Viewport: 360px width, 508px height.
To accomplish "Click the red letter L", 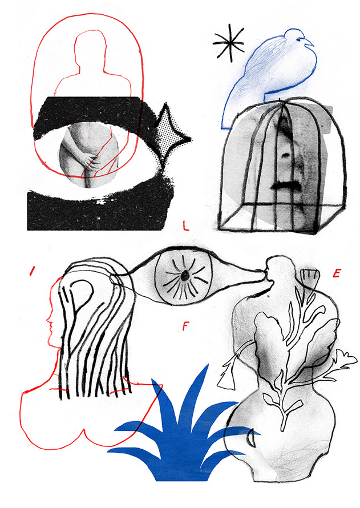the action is pos(185,225).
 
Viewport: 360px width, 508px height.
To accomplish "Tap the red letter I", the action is pos(32,271).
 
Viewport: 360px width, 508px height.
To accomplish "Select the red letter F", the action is pos(185,326).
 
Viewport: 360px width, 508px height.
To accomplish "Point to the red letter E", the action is pos(337,273).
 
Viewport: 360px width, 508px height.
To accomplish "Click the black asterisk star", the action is pos(229,43).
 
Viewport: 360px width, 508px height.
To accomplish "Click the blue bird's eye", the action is pos(301,39).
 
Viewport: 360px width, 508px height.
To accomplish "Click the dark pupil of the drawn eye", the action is pos(184,276).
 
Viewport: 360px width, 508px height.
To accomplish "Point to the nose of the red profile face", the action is pos(48,321).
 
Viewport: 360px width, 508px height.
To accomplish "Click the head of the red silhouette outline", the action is pos(90,49).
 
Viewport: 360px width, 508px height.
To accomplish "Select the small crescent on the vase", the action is pos(250,437).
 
